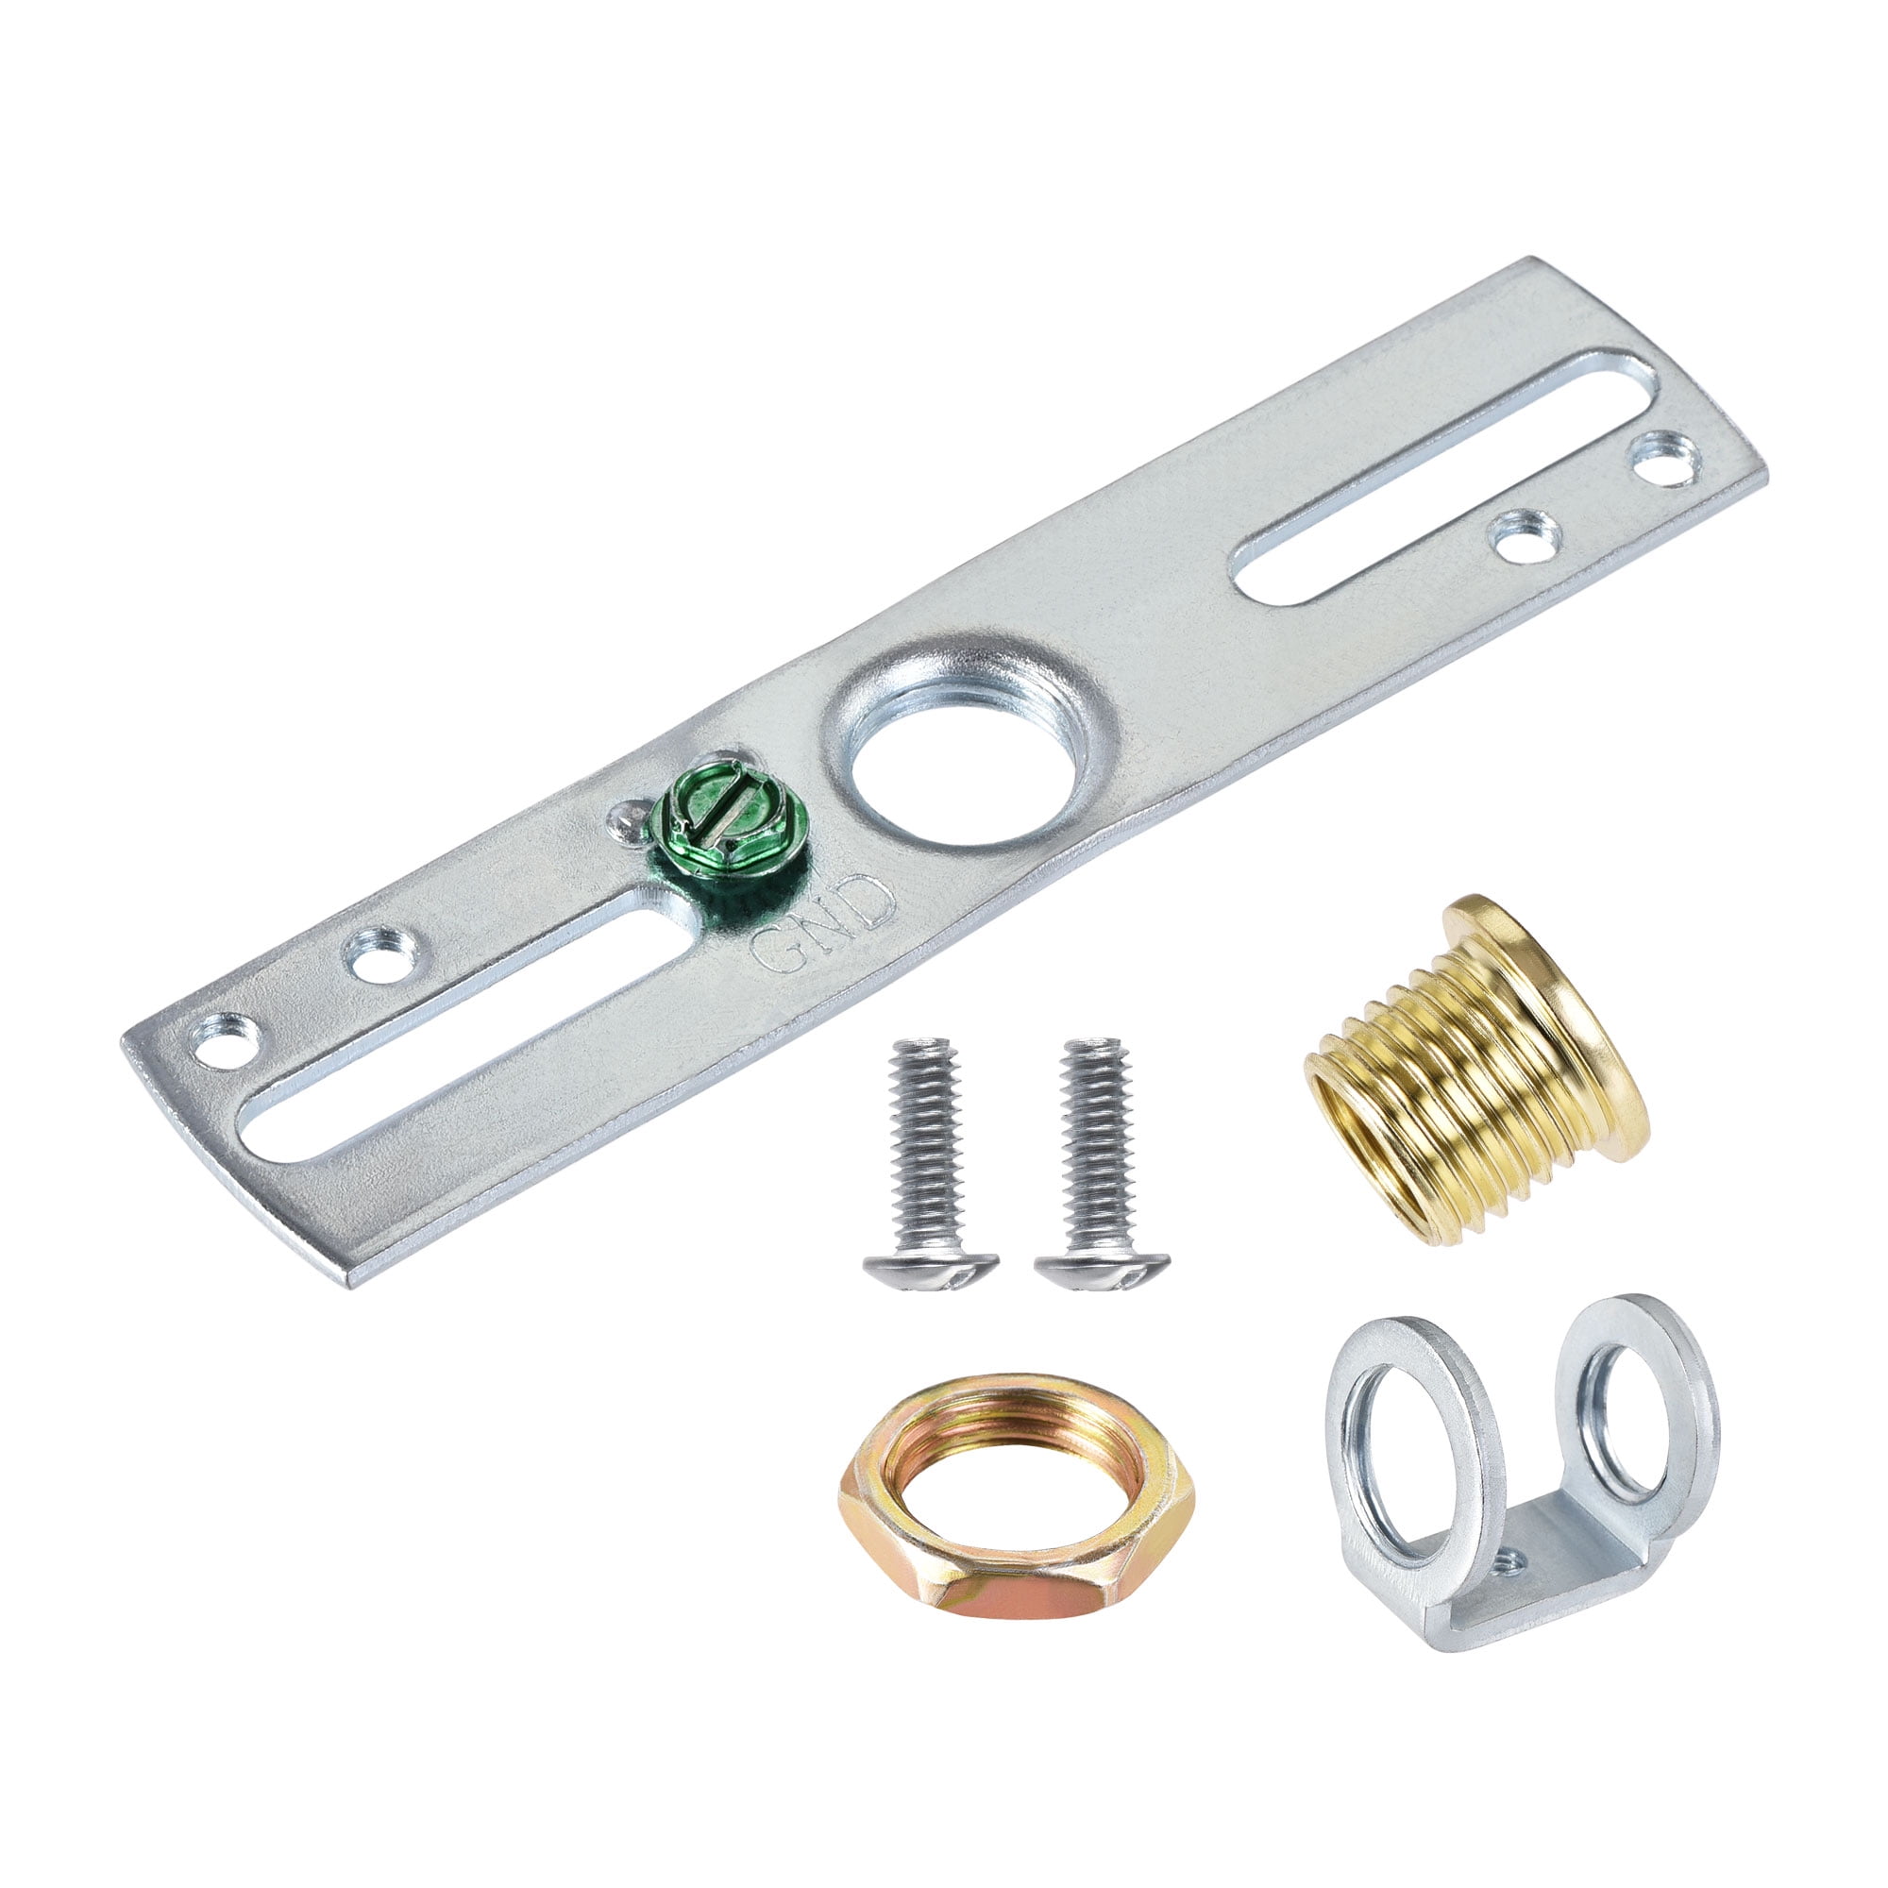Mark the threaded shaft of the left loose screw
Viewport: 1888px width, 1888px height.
pos(923,1134)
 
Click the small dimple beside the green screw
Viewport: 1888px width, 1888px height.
pos(626,826)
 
